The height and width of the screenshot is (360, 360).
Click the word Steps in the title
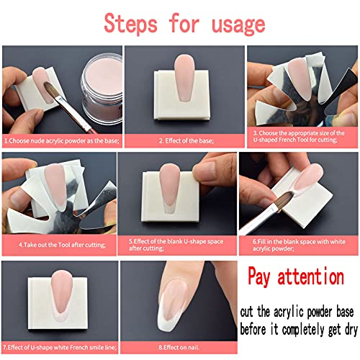coord(132,23)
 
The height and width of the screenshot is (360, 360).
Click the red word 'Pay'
coord(264,276)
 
